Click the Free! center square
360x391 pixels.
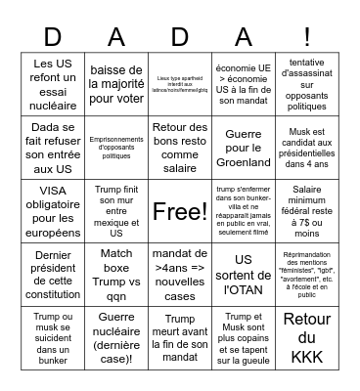pos(180,210)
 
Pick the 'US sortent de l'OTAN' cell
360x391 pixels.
pos(243,273)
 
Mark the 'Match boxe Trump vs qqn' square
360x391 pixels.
pos(116,273)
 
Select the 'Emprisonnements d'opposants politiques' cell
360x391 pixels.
pos(116,148)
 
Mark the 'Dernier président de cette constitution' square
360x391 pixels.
pos(53,273)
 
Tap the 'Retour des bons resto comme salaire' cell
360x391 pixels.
pos(180,148)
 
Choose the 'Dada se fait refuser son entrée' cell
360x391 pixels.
pos(53,148)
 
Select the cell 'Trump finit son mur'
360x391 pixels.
pos(116,210)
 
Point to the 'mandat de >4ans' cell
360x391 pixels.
pos(180,273)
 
